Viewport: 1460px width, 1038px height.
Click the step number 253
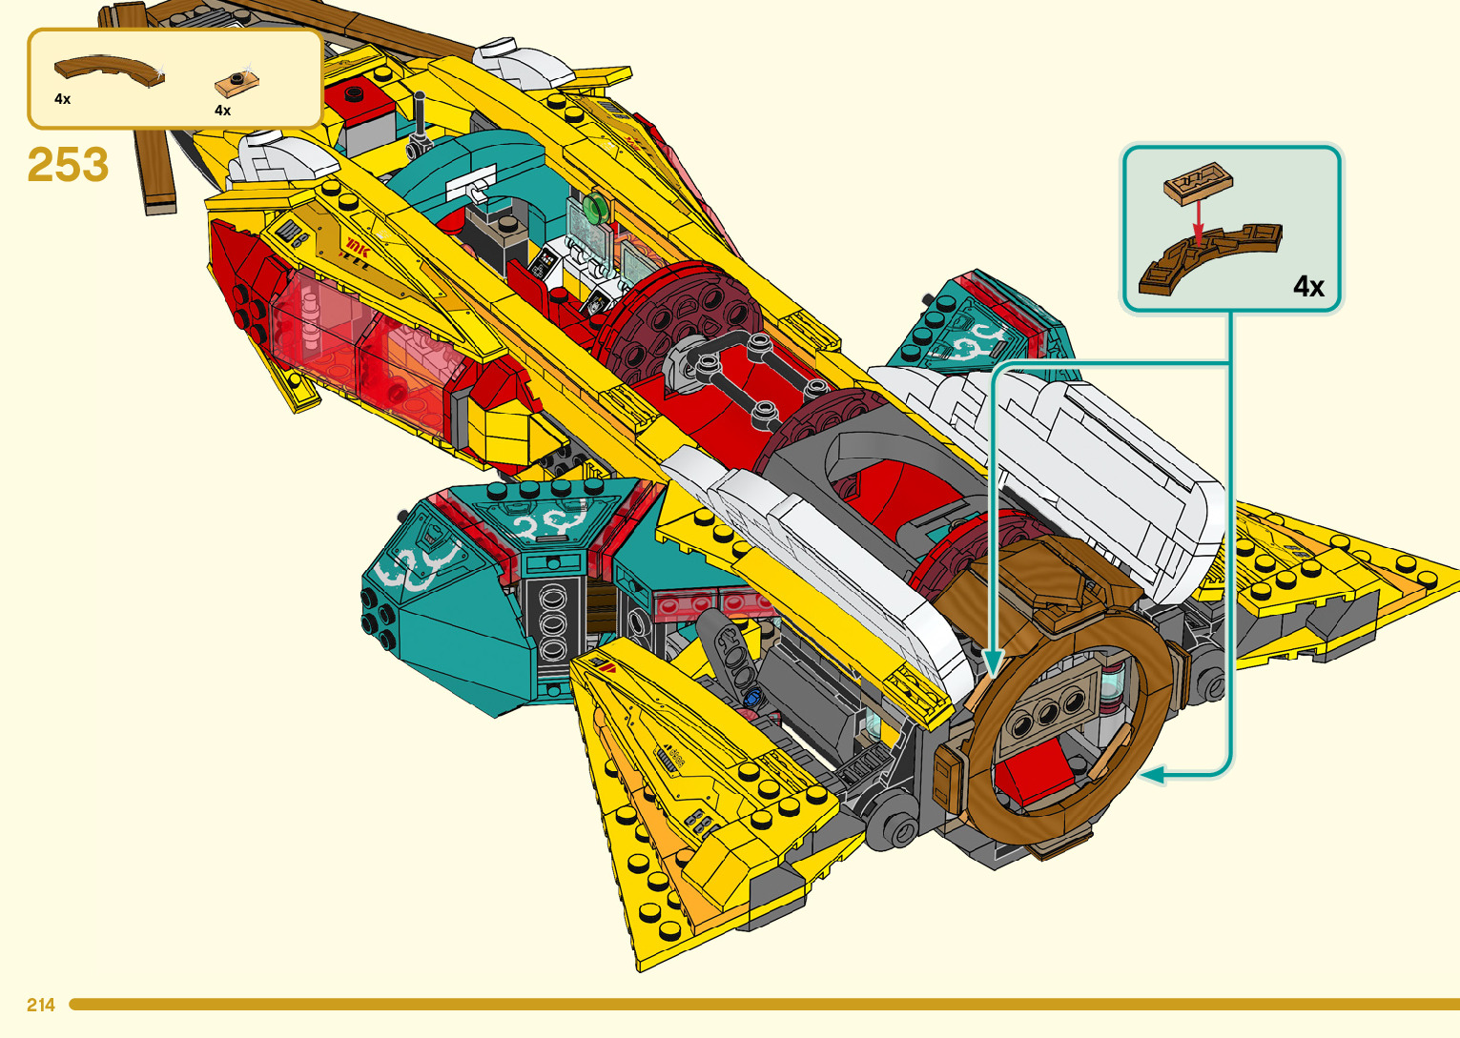pyautogui.click(x=68, y=165)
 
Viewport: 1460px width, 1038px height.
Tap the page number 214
pyautogui.click(x=41, y=1005)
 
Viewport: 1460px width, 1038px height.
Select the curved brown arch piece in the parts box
pyautogui.click(x=109, y=70)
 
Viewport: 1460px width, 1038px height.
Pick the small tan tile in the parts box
pyautogui.click(x=236, y=84)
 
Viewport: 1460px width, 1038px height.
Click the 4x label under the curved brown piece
pyautogui.click(x=63, y=99)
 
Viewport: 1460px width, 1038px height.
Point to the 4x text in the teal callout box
pyautogui.click(x=1308, y=286)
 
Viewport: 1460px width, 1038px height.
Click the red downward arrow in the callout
pyautogui.click(x=1199, y=218)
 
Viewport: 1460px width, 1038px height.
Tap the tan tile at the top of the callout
pyautogui.click(x=1198, y=181)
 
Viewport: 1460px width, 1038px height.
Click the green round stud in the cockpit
pyautogui.click(x=597, y=206)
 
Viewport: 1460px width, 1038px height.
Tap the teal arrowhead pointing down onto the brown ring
pyautogui.click(x=993, y=661)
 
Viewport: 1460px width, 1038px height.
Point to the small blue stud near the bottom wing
pyautogui.click(x=750, y=698)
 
